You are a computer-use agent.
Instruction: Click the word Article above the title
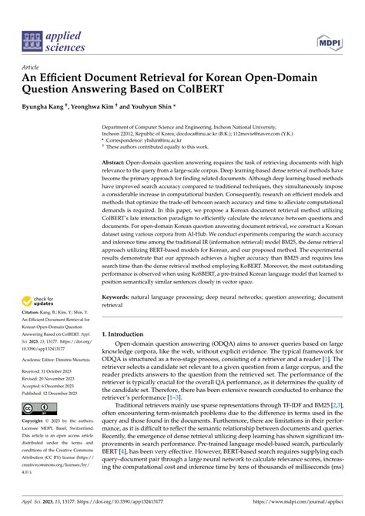pos(32,68)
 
